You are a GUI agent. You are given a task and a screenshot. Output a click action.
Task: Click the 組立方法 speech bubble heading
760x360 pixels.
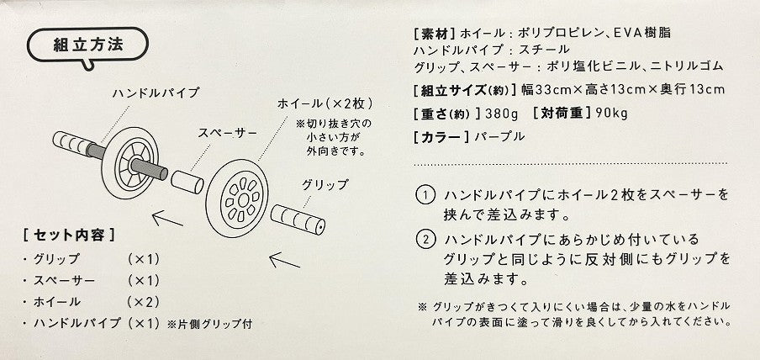pyautogui.click(x=87, y=45)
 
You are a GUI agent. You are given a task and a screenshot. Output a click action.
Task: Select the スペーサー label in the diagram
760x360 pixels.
pyautogui.click(x=227, y=133)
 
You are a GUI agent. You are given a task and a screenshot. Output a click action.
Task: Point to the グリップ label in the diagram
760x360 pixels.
pyautogui.click(x=325, y=184)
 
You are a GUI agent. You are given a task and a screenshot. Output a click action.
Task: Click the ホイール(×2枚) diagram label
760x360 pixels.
pyautogui.click(x=325, y=103)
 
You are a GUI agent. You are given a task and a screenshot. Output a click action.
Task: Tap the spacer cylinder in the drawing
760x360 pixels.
pyautogui.click(x=187, y=182)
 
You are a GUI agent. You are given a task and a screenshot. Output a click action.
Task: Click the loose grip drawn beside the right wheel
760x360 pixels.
pyautogui.click(x=298, y=220)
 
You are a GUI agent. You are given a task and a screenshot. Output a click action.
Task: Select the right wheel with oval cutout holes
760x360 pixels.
pyautogui.click(x=236, y=198)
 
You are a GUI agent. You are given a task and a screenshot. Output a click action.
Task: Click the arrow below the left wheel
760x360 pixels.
pyautogui.click(x=167, y=219)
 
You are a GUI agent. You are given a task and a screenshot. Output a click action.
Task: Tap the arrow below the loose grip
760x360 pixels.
pyautogui.click(x=284, y=260)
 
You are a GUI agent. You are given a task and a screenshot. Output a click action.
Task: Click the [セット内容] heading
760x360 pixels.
pyautogui.click(x=69, y=236)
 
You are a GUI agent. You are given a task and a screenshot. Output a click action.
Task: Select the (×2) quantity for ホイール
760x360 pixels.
pyautogui.click(x=143, y=302)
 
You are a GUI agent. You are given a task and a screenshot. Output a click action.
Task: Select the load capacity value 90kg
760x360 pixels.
pyautogui.click(x=612, y=114)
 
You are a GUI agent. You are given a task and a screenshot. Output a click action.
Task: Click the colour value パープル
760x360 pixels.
pyautogui.click(x=499, y=137)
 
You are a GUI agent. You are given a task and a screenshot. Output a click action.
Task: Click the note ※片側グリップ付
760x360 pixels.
pyautogui.click(x=209, y=324)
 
